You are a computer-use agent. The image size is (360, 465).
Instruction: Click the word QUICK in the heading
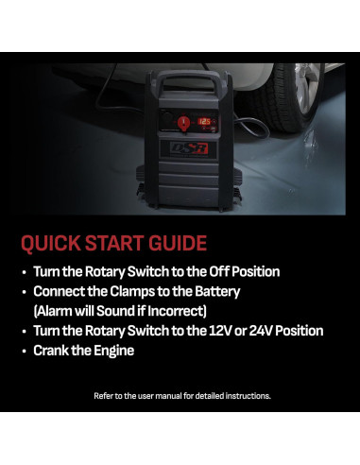pos(51,243)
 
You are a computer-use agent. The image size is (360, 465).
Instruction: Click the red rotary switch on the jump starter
pos(182,123)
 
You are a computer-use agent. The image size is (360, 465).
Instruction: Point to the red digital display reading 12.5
pos(204,122)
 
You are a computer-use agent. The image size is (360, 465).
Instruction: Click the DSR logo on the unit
pos(189,148)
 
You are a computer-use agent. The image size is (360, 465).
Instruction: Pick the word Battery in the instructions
pos(217,292)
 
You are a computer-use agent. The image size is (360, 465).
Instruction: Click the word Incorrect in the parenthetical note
pos(177,311)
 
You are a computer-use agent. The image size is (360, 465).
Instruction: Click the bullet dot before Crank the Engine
pos(25,352)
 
